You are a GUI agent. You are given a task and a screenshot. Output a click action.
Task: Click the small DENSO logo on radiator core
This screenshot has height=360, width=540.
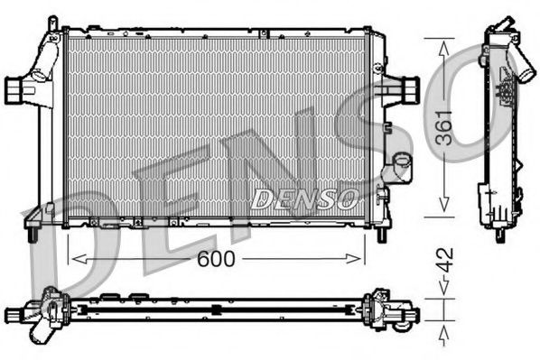pos(292,198)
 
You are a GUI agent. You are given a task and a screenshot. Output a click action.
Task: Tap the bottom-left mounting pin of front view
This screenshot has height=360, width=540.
pos(32,235)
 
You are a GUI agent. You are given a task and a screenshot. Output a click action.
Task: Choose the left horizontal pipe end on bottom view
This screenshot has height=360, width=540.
pos(14,314)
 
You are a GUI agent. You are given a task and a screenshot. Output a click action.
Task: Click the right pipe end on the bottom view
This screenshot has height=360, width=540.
pos(412,314)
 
